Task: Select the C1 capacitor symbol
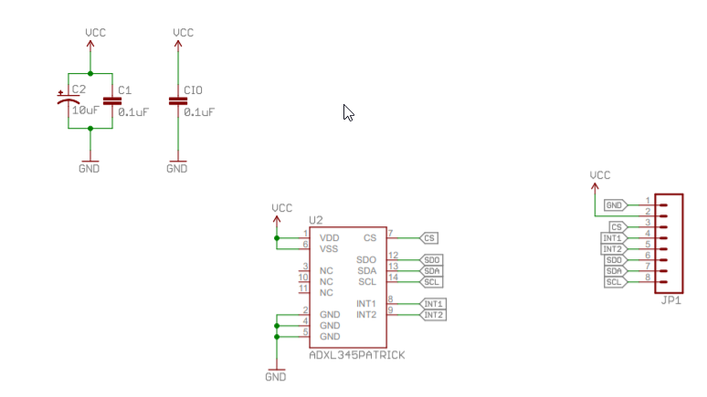(x=111, y=100)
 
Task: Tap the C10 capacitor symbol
(x=177, y=100)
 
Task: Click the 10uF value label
(x=85, y=110)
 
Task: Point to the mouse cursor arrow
(x=348, y=112)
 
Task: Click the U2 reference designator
(x=316, y=220)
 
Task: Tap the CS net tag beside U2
(x=430, y=237)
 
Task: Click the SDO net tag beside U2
(x=432, y=260)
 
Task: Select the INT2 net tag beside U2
(x=433, y=315)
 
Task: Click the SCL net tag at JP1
(x=615, y=282)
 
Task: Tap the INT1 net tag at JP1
(x=613, y=238)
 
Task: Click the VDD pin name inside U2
(x=330, y=237)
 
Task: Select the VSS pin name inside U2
(x=330, y=248)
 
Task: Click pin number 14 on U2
(x=393, y=277)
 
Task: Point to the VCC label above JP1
(x=600, y=174)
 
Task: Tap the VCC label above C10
(x=184, y=33)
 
